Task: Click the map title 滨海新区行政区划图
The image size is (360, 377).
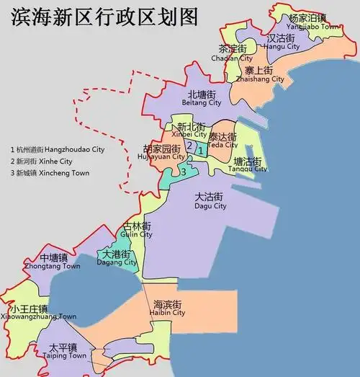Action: [105, 18]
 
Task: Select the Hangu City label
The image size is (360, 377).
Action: [282, 41]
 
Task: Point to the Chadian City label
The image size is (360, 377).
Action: [235, 53]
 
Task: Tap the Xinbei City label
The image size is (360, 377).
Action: [191, 130]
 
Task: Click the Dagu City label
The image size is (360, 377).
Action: [210, 201]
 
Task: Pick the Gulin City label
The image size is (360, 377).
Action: [137, 230]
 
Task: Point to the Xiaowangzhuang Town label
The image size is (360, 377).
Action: [39, 312]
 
